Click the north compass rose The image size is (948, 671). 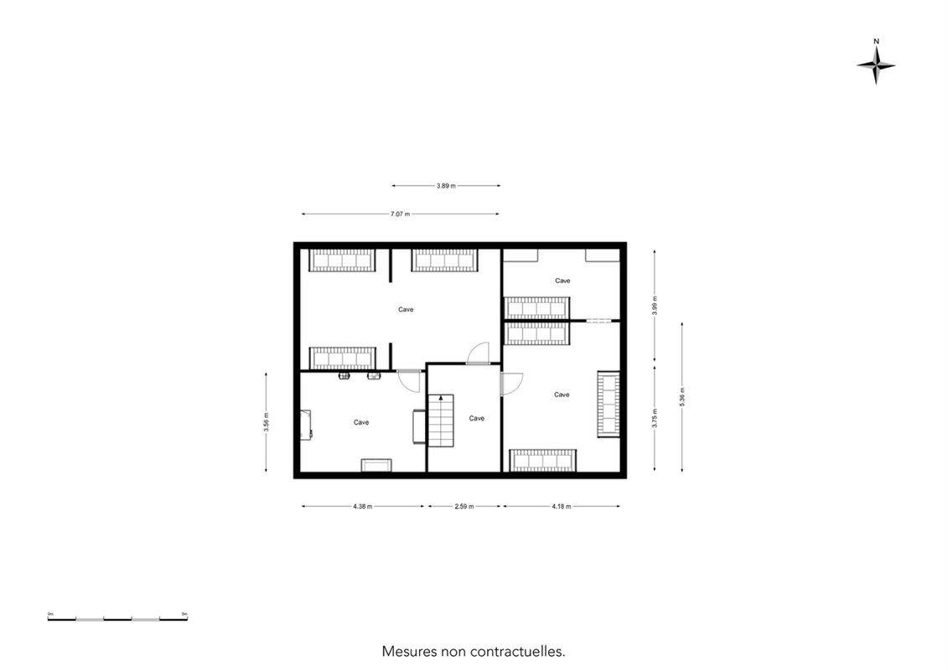tap(876, 65)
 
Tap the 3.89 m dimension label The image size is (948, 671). tap(446, 186)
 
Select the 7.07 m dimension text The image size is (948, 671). tap(400, 214)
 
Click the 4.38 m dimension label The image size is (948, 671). tap(363, 507)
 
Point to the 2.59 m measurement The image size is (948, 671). tap(464, 507)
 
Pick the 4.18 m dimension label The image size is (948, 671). tap(561, 507)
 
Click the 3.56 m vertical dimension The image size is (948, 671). tap(266, 422)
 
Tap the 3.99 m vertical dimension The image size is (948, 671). tap(655, 306)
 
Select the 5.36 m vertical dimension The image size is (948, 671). tap(682, 396)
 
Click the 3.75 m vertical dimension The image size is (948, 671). tap(655, 418)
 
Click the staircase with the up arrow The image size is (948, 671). tap(441, 421)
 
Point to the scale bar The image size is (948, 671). tap(117, 618)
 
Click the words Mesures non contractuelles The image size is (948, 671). tap(474, 652)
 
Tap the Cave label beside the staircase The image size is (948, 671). tap(476, 418)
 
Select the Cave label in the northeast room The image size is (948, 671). tap(562, 281)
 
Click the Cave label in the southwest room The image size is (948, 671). tap(361, 422)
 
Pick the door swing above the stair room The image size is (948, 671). tap(479, 353)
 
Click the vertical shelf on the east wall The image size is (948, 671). tap(609, 404)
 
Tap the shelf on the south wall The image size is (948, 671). tap(542, 460)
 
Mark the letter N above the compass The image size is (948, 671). tap(876, 42)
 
